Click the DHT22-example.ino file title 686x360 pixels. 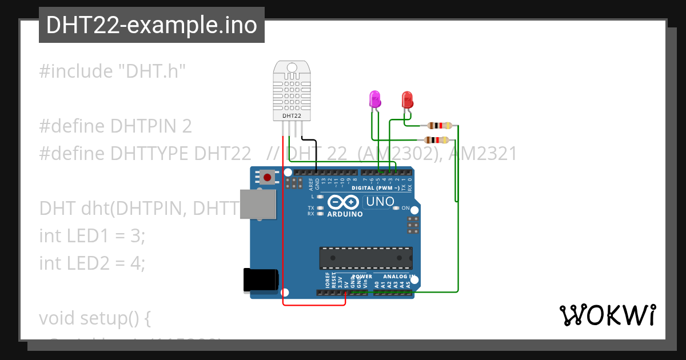(151, 25)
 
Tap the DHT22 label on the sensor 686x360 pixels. (292, 116)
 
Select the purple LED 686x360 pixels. (375, 99)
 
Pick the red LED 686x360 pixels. (407, 100)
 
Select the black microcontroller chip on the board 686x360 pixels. (366, 258)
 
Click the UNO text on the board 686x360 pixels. (380, 201)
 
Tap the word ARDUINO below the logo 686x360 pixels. (345, 214)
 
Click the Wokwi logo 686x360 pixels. (607, 315)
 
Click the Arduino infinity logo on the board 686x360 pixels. (343, 202)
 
